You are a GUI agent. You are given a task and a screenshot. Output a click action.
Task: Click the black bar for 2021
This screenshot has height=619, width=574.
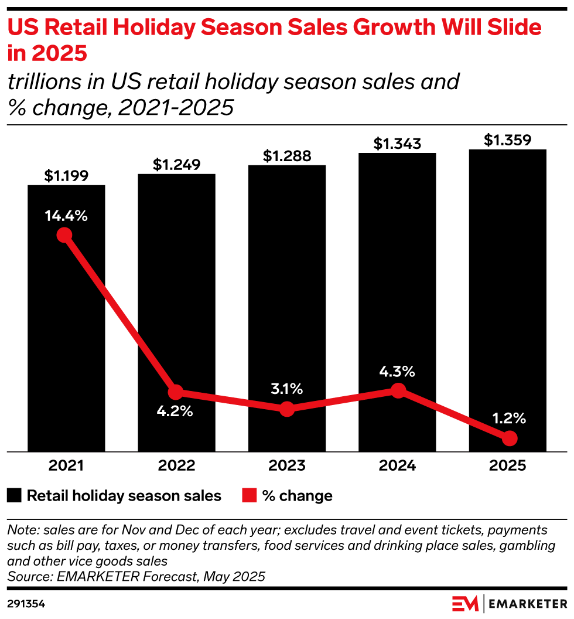click(x=66, y=328)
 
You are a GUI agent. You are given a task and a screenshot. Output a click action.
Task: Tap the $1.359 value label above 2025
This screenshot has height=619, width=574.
click(x=508, y=141)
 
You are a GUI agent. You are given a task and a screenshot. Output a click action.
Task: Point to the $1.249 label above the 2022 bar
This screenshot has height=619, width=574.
click(x=176, y=165)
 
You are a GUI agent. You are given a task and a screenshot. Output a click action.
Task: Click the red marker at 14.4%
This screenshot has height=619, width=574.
click(x=64, y=235)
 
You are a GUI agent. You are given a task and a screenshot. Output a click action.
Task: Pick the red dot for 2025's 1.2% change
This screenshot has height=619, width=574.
click(x=510, y=438)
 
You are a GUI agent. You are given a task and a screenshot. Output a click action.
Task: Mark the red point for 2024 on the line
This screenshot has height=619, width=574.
click(x=398, y=390)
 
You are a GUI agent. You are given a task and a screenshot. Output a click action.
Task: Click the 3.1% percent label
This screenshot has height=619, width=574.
click(x=287, y=388)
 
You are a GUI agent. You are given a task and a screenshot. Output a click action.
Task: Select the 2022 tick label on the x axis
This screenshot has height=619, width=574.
click(x=176, y=466)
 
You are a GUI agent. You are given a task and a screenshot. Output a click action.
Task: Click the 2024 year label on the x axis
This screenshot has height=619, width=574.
click(x=398, y=466)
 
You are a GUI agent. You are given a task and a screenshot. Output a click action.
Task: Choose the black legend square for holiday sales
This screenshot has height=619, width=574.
click(x=15, y=496)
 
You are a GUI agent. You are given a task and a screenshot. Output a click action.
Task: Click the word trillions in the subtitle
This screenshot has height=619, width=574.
click(x=43, y=82)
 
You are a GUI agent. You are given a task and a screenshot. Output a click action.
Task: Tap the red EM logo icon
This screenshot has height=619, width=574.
click(x=465, y=603)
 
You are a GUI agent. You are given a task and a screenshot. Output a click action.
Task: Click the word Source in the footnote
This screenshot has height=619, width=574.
click(x=26, y=576)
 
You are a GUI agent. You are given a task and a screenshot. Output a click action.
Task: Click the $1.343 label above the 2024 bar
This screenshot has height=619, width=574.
click(x=397, y=144)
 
